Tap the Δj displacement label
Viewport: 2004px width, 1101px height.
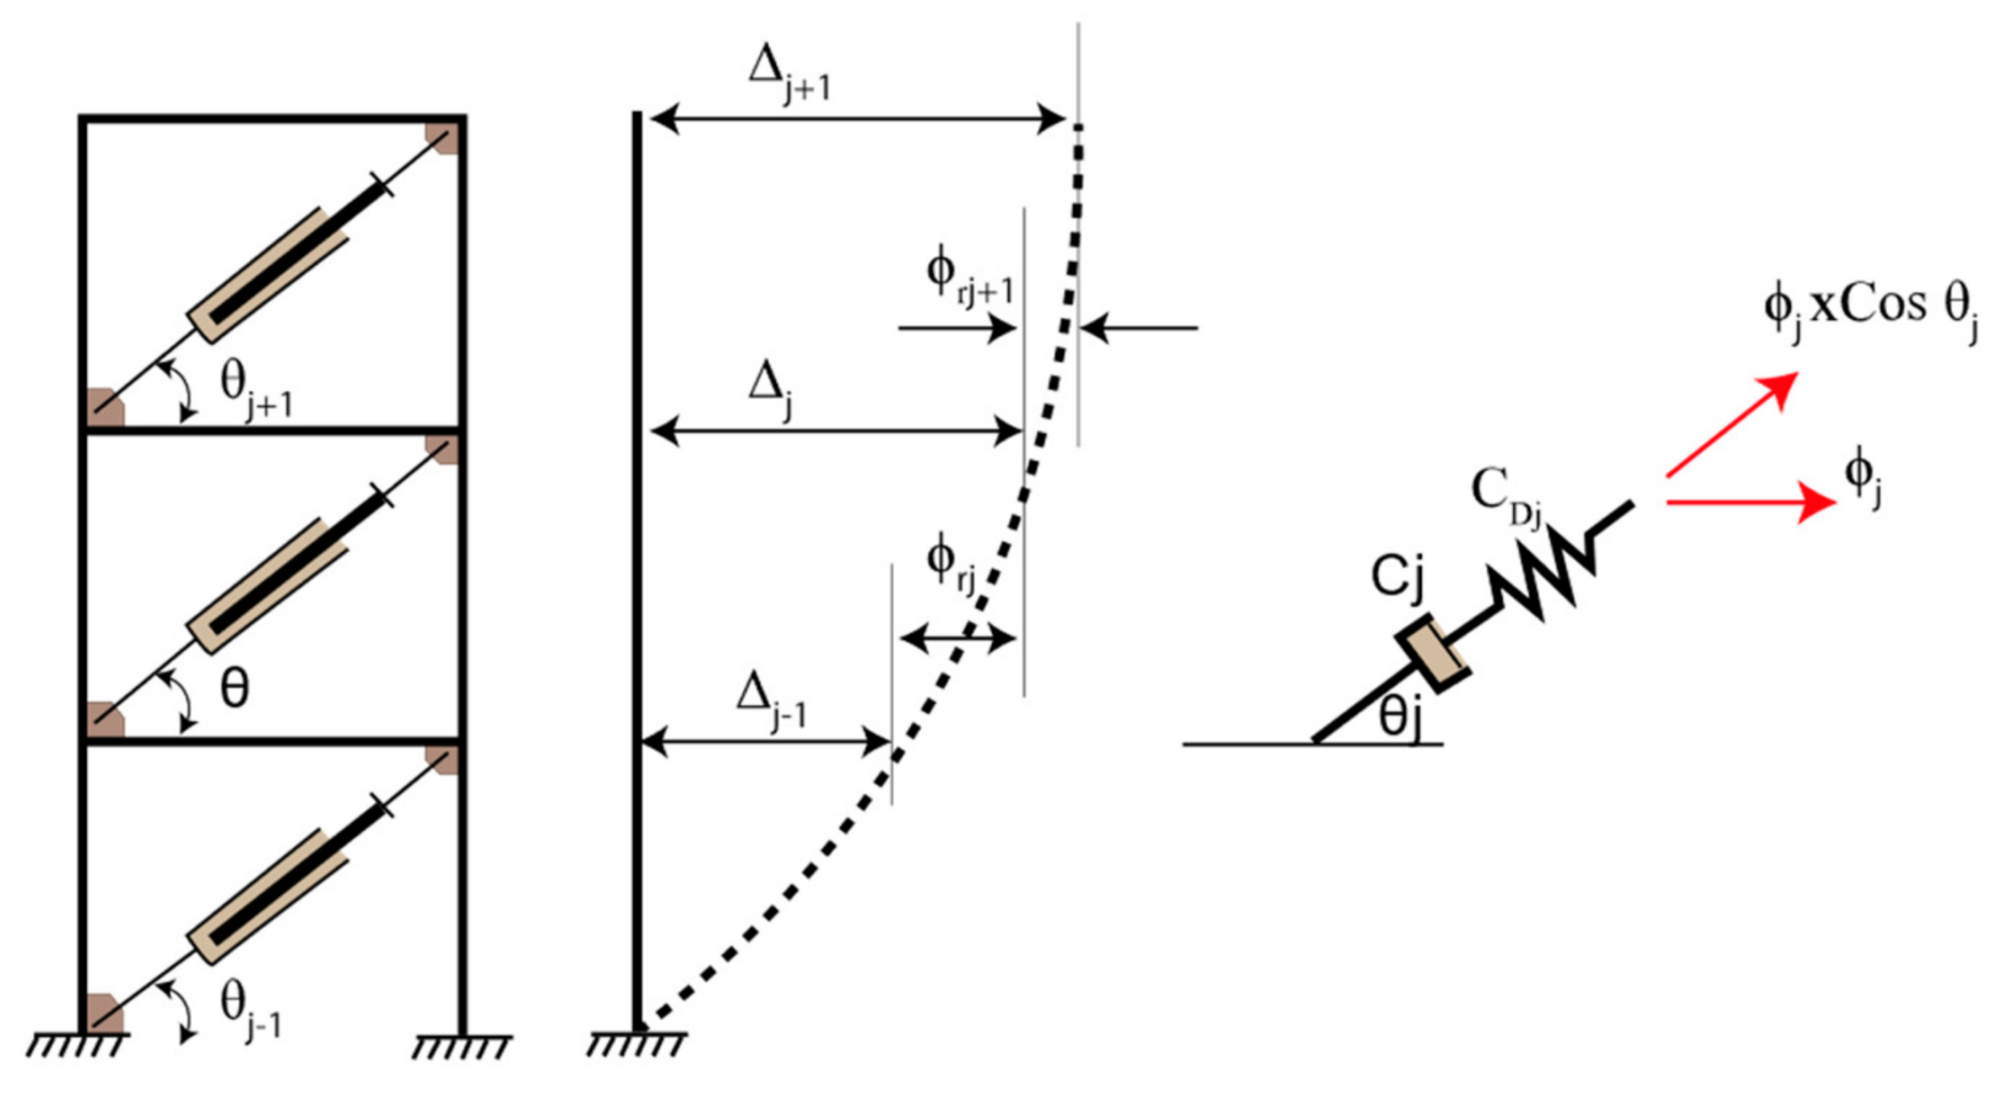coord(772,389)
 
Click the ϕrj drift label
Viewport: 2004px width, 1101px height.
coord(951,566)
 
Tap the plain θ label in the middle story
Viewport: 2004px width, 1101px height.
coord(234,689)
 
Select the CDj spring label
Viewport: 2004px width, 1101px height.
coord(1504,498)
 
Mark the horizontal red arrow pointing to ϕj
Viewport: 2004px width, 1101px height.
coord(1751,502)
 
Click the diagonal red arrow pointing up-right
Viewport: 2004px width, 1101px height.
coord(1731,423)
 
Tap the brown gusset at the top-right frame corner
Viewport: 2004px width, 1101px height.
coord(442,138)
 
